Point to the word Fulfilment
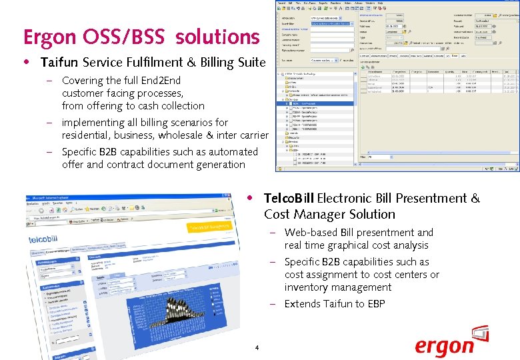pyautogui.click(x=166, y=63)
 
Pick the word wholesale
pyautogui.click(x=176, y=135)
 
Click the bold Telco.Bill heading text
pyautogui.click(x=289, y=199)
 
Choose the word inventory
pyautogui.click(x=305, y=287)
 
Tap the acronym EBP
pyautogui.click(x=375, y=304)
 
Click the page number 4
pyautogui.click(x=256, y=347)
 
